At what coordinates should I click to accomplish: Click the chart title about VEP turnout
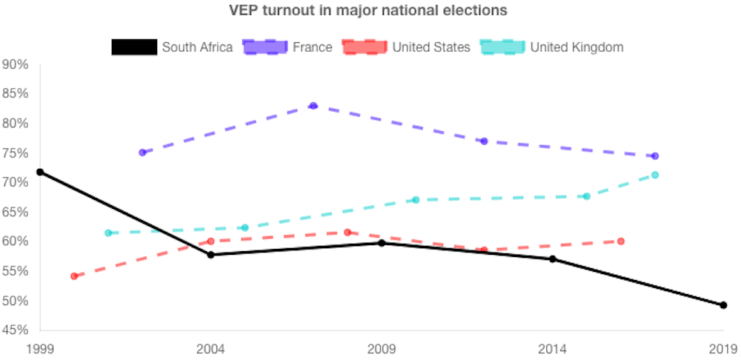[x=368, y=11]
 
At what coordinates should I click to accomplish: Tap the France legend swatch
[x=265, y=47]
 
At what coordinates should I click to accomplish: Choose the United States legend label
[x=431, y=47]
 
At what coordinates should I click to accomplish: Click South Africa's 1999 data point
[x=40, y=172]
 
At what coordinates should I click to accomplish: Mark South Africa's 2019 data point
[x=723, y=305]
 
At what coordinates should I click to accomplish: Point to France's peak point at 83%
[x=313, y=106]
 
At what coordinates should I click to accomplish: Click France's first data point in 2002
[x=142, y=153]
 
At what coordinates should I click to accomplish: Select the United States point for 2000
[x=74, y=276]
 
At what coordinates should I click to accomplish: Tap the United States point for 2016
[x=621, y=241]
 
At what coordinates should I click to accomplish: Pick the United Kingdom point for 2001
[x=108, y=233]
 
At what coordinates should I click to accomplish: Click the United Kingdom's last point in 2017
[x=655, y=175]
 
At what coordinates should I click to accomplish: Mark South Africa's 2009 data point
[x=382, y=243]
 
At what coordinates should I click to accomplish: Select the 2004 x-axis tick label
[x=210, y=348]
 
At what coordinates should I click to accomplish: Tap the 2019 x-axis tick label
[x=722, y=348]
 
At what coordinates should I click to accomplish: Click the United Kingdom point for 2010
[x=416, y=200]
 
